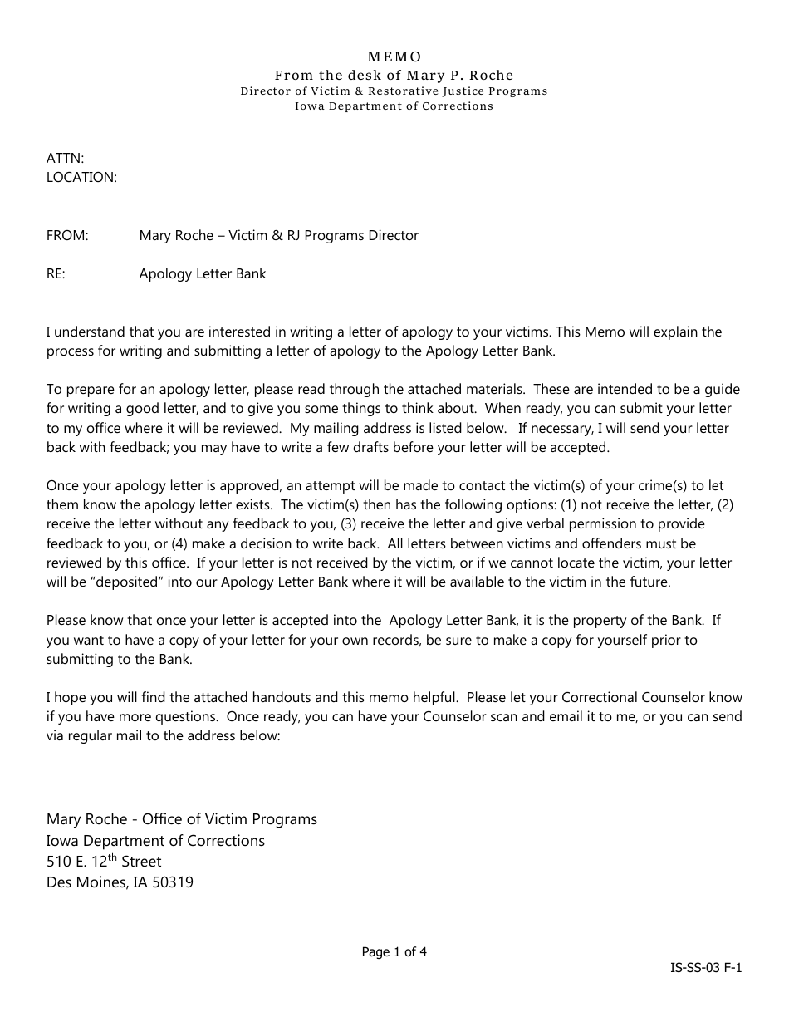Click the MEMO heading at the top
point(394,57)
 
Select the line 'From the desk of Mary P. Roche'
point(394,75)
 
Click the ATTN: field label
point(65,158)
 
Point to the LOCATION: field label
point(81,177)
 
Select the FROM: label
point(67,235)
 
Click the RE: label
point(56,273)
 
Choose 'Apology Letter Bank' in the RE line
point(203,273)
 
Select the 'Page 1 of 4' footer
point(394,952)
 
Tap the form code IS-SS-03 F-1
point(707,968)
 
